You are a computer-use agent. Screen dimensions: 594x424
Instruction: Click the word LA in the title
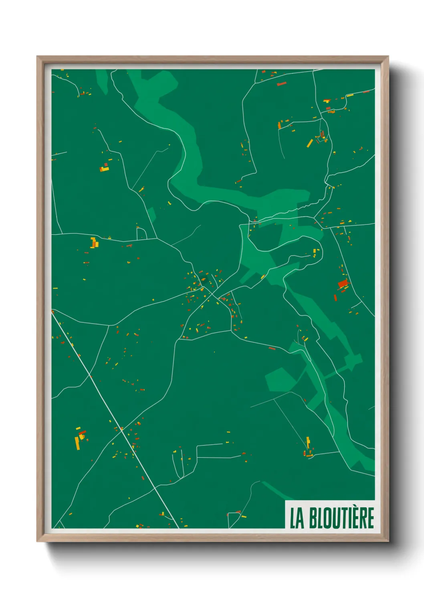pos(297,518)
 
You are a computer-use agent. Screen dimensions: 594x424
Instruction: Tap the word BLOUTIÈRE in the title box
pos(341,518)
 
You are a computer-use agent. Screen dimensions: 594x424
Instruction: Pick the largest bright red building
pos(343,283)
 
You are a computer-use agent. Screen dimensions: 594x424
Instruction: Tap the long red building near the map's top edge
pos(282,83)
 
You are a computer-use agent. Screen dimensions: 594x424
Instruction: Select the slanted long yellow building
pos(310,143)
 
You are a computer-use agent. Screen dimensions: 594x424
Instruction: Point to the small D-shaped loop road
pos(141,234)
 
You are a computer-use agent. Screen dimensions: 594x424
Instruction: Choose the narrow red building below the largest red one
pos(335,298)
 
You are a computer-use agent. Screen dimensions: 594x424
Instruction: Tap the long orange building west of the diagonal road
pos(77,443)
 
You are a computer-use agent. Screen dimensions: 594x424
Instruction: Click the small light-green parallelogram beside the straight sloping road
pos(151,214)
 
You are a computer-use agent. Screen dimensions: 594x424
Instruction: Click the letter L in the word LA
pos(293,518)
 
